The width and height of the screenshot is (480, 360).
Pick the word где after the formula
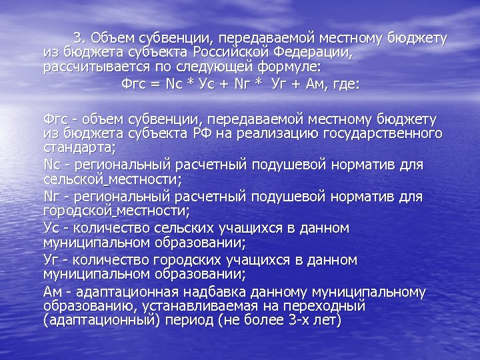pyautogui.click(x=345, y=85)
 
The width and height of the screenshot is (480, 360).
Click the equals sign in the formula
pyautogui.click(x=154, y=85)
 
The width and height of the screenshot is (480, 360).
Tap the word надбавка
pyautogui.click(x=207, y=293)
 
